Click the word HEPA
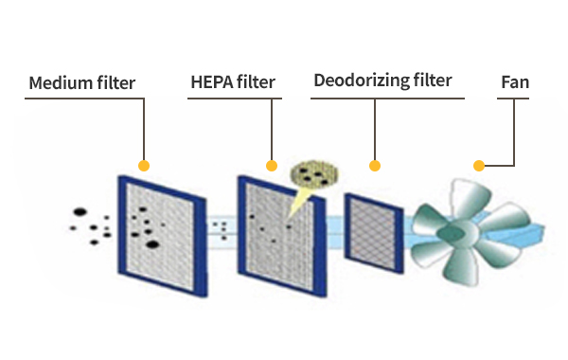point(211,82)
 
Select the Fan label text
point(515,82)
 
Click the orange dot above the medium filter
point(144,166)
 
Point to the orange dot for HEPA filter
point(272,166)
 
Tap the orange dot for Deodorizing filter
point(375,166)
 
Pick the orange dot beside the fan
point(479,166)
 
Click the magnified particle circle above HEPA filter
point(314,174)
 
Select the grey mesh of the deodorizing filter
point(373,234)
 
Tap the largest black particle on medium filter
point(152,244)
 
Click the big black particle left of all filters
point(80,211)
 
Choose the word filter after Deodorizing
point(433,81)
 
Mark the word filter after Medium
point(115,83)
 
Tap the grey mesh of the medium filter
point(160,236)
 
